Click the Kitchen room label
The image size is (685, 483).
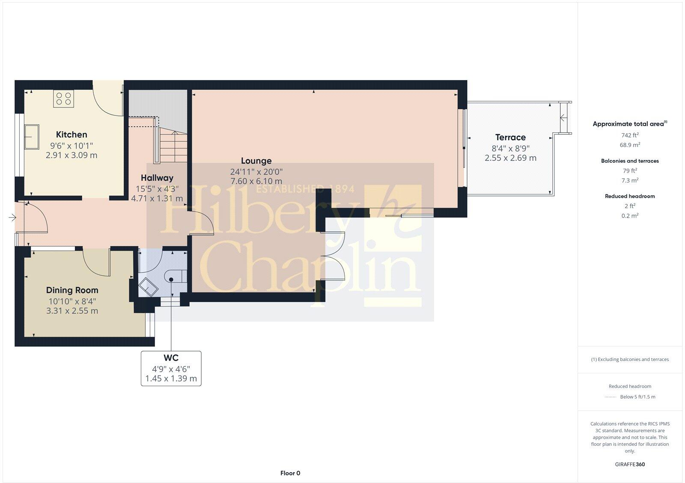pyautogui.click(x=71, y=135)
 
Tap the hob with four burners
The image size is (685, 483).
pyautogui.click(x=64, y=99)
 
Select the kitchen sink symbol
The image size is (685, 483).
pyautogui.click(x=32, y=136)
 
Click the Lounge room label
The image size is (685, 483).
pyautogui.click(x=256, y=161)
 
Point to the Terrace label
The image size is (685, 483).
pyautogui.click(x=510, y=137)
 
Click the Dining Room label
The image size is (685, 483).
pyautogui.click(x=72, y=290)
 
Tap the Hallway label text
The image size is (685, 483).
pyautogui.click(x=157, y=178)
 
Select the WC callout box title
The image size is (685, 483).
pyautogui.click(x=171, y=358)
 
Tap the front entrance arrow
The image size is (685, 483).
pyautogui.click(x=12, y=218)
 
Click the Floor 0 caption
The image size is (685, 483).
pyautogui.click(x=290, y=473)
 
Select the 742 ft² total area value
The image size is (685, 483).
pyautogui.click(x=630, y=135)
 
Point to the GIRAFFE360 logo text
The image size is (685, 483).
pyautogui.click(x=630, y=464)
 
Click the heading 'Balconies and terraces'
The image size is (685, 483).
pyautogui.click(x=630, y=161)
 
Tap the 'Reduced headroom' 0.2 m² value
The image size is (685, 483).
pyautogui.click(x=630, y=216)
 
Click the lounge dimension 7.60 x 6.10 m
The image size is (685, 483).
pyautogui.click(x=256, y=182)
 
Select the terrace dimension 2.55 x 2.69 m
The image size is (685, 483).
pyautogui.click(x=510, y=158)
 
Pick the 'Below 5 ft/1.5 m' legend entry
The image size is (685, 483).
pyautogui.click(x=637, y=397)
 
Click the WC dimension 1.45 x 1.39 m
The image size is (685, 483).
pyautogui.click(x=171, y=379)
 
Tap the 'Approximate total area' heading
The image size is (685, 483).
pyautogui.click(x=628, y=124)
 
